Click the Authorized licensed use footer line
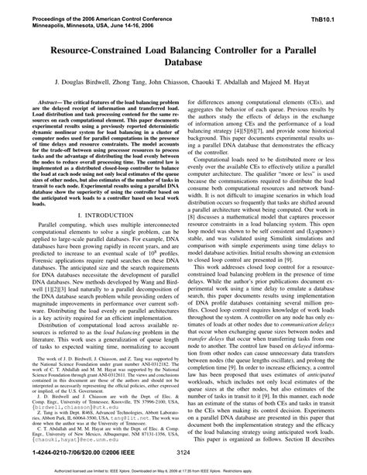click(183, 471)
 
